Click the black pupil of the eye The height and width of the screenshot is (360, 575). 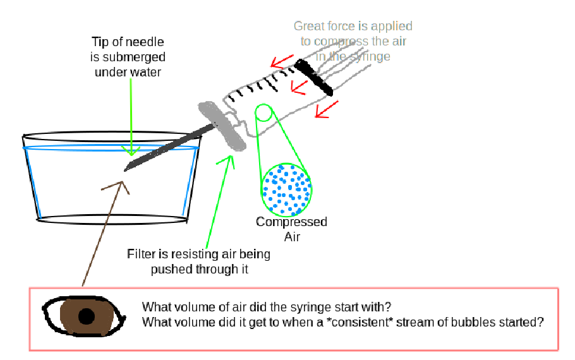click(x=87, y=315)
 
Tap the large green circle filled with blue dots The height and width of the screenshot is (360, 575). click(x=286, y=188)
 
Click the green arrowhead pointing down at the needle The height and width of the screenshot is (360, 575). click(x=131, y=151)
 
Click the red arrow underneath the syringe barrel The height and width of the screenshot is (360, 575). click(x=324, y=112)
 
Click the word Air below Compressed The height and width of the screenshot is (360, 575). click(x=291, y=237)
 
